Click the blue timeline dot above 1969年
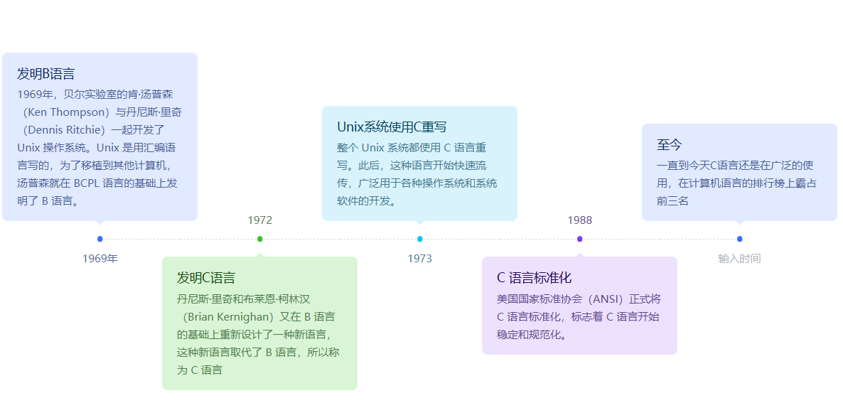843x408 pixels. coord(100,239)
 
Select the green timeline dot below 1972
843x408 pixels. coord(260,239)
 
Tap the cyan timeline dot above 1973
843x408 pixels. coord(420,239)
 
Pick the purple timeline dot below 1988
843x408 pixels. coord(580,239)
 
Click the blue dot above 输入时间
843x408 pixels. coord(740,239)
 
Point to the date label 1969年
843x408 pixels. coord(100,258)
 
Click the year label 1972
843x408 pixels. coord(260,220)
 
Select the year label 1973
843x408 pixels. coord(420,258)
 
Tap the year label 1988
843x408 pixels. coord(580,220)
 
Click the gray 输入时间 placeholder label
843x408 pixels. coord(739,258)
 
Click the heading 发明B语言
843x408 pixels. coord(46,74)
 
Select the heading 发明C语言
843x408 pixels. coord(206,278)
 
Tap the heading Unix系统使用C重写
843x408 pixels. coord(392,127)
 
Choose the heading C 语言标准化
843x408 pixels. coord(534,278)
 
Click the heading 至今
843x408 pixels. coord(670,145)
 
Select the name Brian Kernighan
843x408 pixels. coord(229,317)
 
